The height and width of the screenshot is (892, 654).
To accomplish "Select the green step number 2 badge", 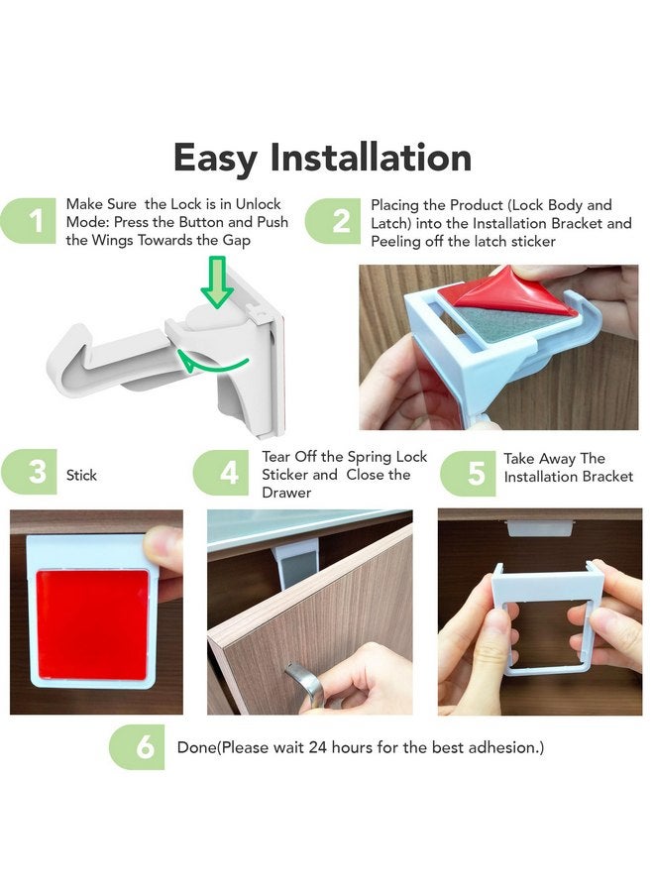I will (337, 221).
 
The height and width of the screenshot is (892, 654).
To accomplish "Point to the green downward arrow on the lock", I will (216, 282).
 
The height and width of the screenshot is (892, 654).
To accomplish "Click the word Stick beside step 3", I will (81, 476).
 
